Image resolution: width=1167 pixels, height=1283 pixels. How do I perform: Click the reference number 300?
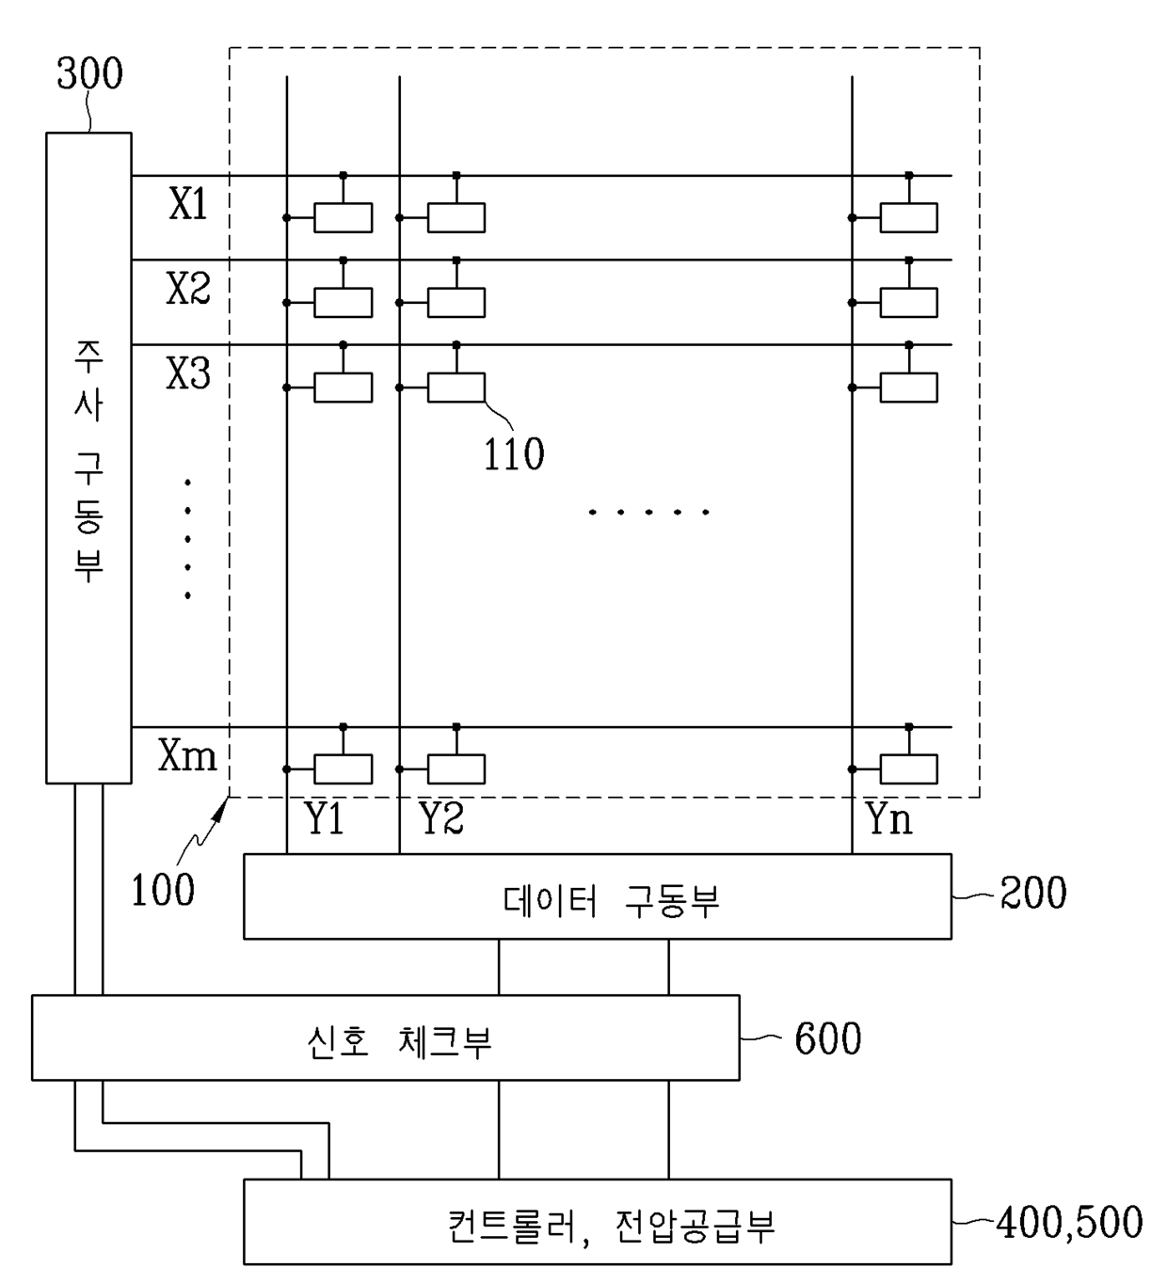pos(89,73)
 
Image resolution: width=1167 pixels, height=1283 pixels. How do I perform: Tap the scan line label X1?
pos(188,204)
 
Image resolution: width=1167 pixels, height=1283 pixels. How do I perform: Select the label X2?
pos(188,288)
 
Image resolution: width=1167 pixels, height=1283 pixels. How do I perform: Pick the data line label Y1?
pos(324,817)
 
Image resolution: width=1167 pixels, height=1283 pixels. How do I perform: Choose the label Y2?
pos(441,817)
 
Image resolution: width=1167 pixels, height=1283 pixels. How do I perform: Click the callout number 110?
pos(514,454)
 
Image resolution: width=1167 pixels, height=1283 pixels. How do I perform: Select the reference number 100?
pos(163,890)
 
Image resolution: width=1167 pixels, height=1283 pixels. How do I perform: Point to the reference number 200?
pos(1033,893)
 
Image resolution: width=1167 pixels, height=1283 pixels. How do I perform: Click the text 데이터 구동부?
pos(612,901)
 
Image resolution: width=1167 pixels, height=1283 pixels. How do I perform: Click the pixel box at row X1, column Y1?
pos(344,218)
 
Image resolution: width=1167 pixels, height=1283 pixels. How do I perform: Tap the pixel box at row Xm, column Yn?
pos(909,769)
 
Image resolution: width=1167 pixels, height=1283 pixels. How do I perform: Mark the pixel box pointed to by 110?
pos(456,388)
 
